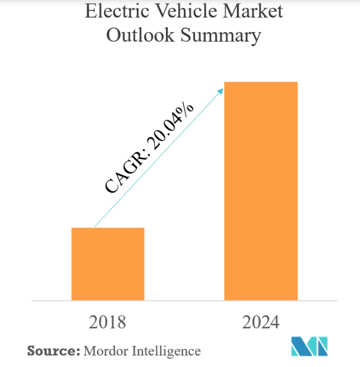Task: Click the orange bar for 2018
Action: coord(108,264)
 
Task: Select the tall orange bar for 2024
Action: coord(261,191)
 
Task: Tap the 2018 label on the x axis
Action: coord(108,321)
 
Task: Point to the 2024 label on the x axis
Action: coord(260,321)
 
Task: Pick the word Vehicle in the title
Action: coord(180,12)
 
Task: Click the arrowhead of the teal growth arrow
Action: coord(221,89)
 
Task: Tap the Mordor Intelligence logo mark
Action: coord(309,345)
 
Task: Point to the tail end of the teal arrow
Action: coord(95,226)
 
